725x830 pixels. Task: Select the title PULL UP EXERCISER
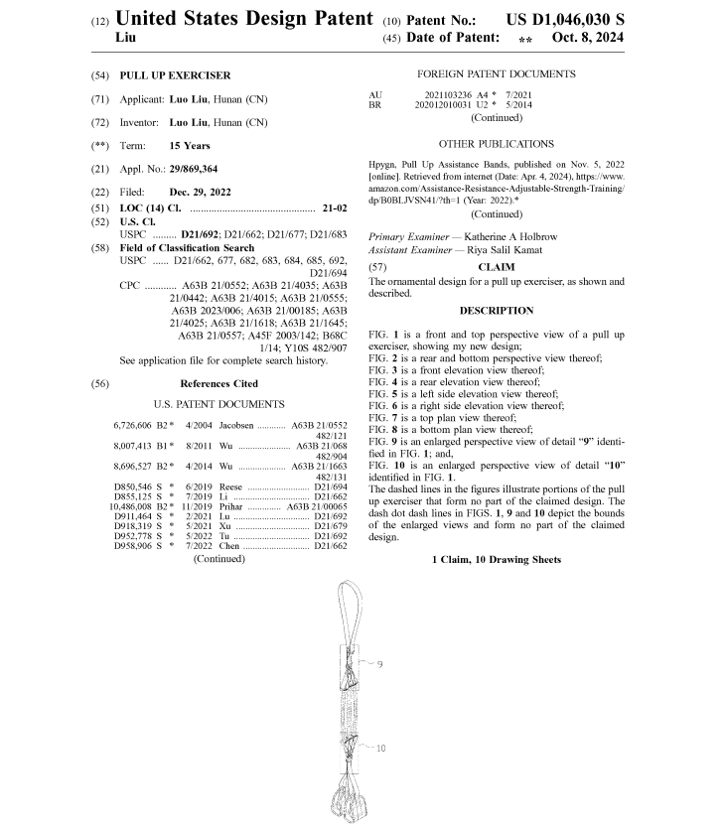pos(175,75)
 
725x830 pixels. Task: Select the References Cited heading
pos(218,383)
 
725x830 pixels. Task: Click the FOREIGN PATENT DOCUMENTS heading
pos(496,74)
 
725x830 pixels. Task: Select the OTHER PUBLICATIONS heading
pos(497,144)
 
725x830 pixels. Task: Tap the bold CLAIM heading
pos(497,267)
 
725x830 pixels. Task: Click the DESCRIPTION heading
pos(497,311)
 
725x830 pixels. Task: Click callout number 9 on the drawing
pos(379,663)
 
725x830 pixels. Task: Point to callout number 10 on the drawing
pos(380,748)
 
